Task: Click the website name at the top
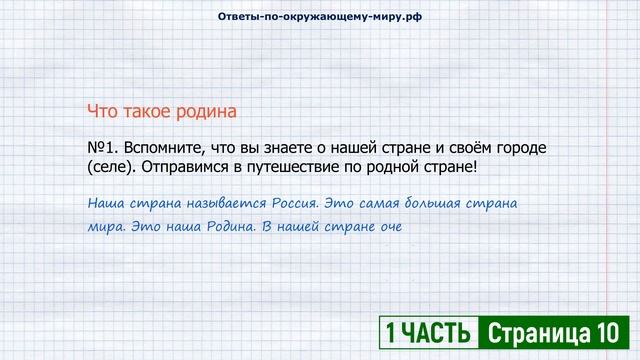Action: click(x=319, y=18)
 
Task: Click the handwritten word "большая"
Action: click(x=435, y=203)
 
